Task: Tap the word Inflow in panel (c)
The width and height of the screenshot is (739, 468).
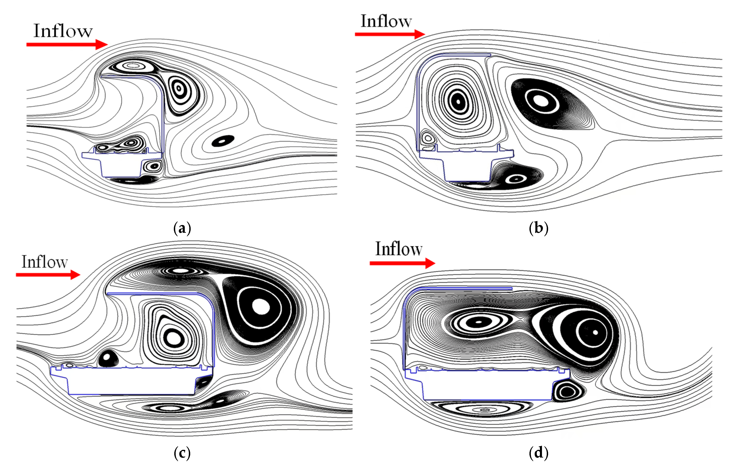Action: click(x=45, y=262)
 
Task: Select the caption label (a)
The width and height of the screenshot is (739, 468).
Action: click(x=182, y=228)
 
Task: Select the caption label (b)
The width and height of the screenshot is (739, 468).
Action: click(x=538, y=228)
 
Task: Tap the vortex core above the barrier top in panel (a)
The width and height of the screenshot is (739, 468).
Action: click(x=133, y=65)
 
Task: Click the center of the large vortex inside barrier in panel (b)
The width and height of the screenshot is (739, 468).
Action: click(x=458, y=101)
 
